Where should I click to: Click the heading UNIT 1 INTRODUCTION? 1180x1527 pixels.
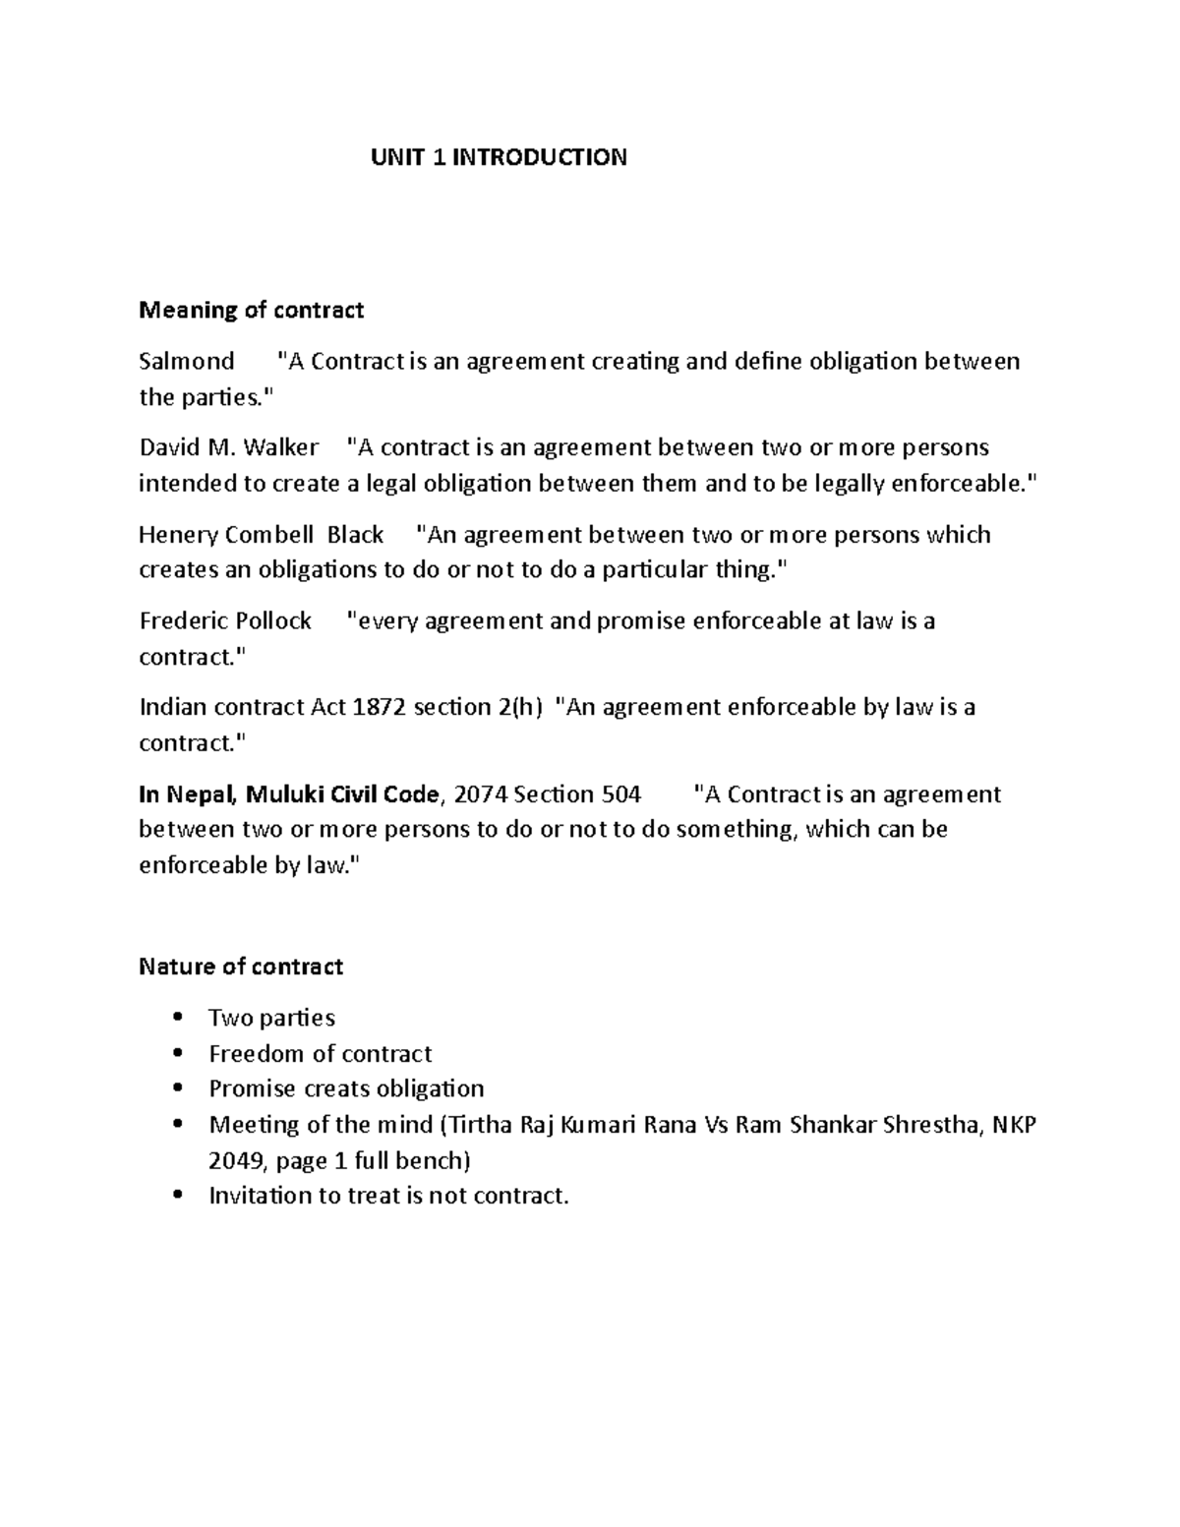coord(499,157)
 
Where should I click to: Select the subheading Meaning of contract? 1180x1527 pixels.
coord(252,311)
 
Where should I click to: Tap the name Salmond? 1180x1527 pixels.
coord(187,362)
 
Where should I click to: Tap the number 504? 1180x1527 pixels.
coord(619,794)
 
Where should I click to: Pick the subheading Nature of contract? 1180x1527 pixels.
coord(241,968)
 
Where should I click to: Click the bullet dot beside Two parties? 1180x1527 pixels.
coord(177,1018)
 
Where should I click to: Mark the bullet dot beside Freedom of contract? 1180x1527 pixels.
coord(177,1053)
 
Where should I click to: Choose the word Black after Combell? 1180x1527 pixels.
coord(355,535)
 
